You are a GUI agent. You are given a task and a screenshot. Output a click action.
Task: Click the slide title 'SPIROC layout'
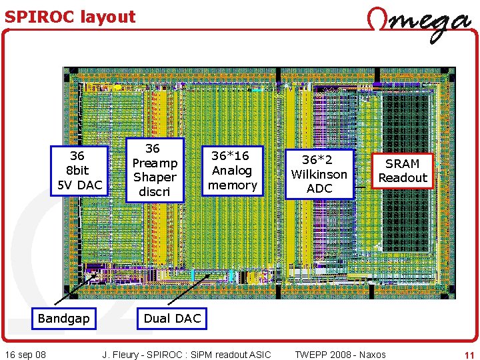click(x=70, y=17)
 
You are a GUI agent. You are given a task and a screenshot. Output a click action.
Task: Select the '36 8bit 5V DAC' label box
click(x=77, y=171)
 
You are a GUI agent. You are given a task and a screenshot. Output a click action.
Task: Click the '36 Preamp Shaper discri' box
click(x=154, y=170)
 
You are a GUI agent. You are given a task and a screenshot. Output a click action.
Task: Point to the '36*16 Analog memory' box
click(x=233, y=170)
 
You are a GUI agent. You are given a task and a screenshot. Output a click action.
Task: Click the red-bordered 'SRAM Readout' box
click(x=403, y=171)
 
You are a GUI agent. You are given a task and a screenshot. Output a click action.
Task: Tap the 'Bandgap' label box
click(x=63, y=319)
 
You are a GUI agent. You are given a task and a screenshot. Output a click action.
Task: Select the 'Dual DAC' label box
click(x=172, y=319)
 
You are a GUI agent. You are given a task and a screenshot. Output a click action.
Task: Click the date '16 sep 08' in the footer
click(x=25, y=354)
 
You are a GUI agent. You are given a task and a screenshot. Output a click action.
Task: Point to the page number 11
click(x=468, y=354)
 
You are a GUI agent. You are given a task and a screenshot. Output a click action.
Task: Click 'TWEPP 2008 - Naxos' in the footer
click(x=340, y=354)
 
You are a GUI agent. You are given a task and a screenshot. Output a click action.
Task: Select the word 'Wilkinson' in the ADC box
click(x=319, y=174)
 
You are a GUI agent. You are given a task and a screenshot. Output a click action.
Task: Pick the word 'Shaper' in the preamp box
click(x=154, y=177)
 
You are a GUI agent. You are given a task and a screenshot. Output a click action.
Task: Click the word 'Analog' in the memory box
click(x=233, y=170)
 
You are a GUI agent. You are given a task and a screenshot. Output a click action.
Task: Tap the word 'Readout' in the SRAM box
click(x=403, y=178)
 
